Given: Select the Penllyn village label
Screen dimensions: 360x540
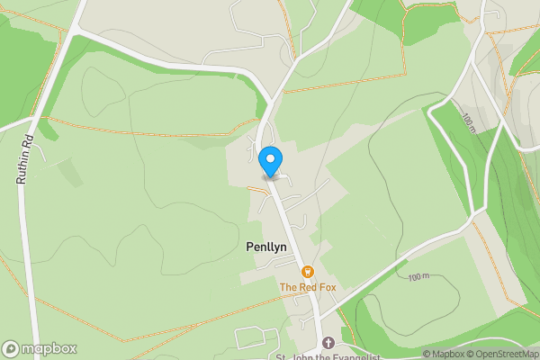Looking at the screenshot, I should click(x=266, y=246).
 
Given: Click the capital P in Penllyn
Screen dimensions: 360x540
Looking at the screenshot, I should click(x=249, y=246).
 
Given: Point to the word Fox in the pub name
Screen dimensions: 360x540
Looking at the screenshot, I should click(x=328, y=287).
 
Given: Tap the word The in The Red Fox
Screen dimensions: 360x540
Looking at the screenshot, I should click(x=288, y=287).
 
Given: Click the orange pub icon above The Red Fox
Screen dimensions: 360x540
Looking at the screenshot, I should click(x=307, y=272).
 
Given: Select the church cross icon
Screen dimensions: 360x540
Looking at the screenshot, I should click(x=328, y=344).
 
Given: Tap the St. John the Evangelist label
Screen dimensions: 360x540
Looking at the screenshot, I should click(x=328, y=356).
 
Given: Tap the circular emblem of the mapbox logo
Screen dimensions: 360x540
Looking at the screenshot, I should click(x=12, y=348).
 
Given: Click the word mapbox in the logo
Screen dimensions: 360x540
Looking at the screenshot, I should click(x=49, y=348).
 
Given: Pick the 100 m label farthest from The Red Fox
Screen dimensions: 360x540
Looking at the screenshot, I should click(x=468, y=121).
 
